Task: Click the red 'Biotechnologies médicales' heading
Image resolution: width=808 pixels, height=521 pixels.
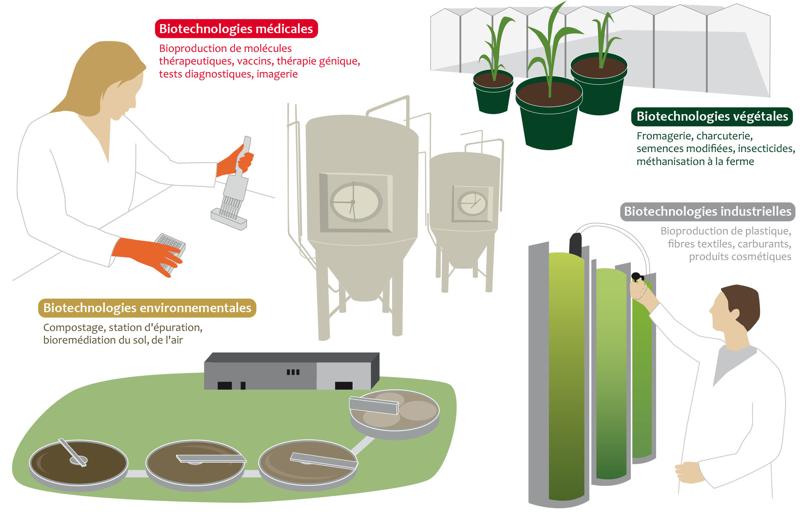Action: pos(236,29)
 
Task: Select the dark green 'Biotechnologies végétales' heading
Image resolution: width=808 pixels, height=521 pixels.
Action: pos(712,116)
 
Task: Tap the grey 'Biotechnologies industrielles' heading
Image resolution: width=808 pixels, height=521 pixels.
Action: pos(707,211)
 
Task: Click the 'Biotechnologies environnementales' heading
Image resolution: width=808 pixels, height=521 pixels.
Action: pos(147,308)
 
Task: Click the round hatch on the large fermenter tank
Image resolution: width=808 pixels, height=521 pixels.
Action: pos(355,202)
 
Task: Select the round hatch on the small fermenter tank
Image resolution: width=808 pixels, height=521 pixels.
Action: pos(472,203)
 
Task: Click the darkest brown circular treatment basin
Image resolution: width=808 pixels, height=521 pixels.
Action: pos(78,463)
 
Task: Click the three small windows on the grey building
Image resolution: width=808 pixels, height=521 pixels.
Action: pos(293,372)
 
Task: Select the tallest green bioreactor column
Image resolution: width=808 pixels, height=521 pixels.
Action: pos(566,374)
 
